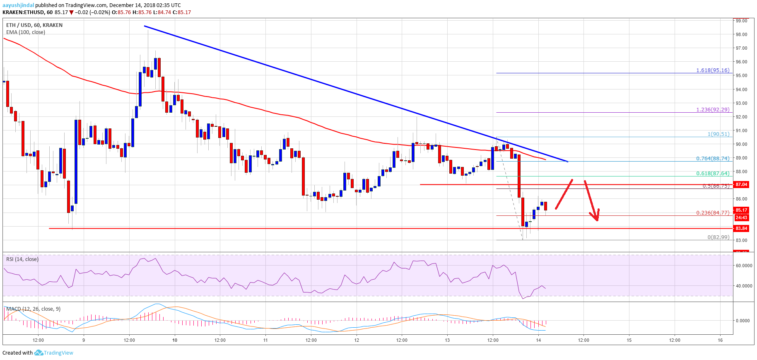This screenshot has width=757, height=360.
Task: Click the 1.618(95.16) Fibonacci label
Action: click(x=713, y=70)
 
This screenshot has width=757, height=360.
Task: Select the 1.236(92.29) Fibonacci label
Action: click(x=713, y=110)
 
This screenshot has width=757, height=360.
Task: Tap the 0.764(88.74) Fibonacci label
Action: click(x=713, y=159)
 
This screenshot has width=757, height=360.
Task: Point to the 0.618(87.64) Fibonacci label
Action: click(x=713, y=174)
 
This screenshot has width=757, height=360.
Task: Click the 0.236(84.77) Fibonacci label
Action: click(x=713, y=213)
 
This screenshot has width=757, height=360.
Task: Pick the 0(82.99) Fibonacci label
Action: click(x=718, y=237)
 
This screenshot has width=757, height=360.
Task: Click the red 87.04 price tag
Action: click(x=741, y=184)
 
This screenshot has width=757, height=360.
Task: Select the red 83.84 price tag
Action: click(x=741, y=228)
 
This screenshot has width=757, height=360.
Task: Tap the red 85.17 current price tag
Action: click(x=741, y=210)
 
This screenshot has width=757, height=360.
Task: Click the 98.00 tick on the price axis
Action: click(x=741, y=34)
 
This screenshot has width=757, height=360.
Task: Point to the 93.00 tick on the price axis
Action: click(x=741, y=103)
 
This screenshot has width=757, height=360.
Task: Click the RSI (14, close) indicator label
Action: click(x=22, y=259)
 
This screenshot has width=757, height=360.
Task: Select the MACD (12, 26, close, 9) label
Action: click(x=33, y=309)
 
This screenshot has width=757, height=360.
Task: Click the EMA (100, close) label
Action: click(x=26, y=32)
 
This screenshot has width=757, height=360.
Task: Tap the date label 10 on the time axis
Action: click(x=175, y=340)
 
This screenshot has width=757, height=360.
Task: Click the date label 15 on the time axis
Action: click(x=629, y=340)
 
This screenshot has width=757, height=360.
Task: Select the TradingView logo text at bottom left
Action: click(x=58, y=353)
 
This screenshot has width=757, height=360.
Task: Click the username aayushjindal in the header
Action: click(x=18, y=5)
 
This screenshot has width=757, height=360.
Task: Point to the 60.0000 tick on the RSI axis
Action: click(x=744, y=266)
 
